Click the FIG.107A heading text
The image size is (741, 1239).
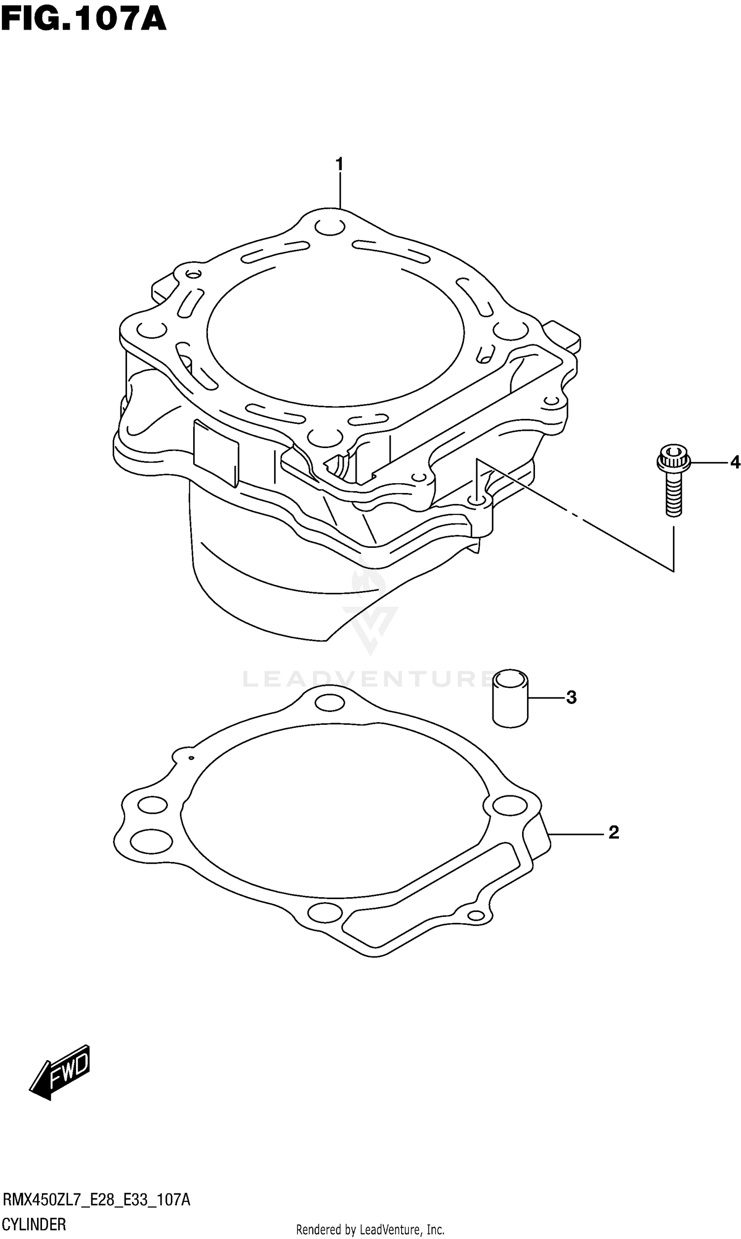click(x=83, y=20)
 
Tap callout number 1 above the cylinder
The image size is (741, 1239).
click(x=339, y=164)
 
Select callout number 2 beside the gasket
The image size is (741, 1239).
click(x=614, y=832)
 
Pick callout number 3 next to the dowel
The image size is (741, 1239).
click(x=571, y=698)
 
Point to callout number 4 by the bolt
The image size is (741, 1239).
click(x=735, y=463)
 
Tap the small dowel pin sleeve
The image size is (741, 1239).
click(x=510, y=699)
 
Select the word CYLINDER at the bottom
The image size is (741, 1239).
click(x=34, y=1224)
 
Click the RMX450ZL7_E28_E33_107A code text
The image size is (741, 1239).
click(x=96, y=1199)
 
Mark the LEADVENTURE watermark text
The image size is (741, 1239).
click(x=367, y=679)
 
